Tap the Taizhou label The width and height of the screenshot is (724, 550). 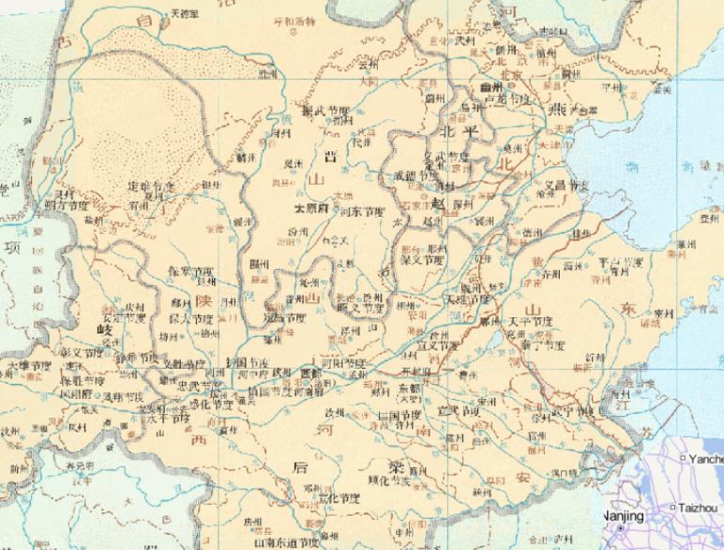(x=696, y=508)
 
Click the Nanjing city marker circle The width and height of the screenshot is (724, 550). (x=621, y=529)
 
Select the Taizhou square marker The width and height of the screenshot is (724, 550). (x=672, y=508)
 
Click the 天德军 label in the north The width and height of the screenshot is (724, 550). (x=184, y=14)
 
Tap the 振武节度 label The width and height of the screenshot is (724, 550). (x=325, y=111)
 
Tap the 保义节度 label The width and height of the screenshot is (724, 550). (x=421, y=259)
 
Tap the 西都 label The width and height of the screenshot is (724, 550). (x=310, y=375)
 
